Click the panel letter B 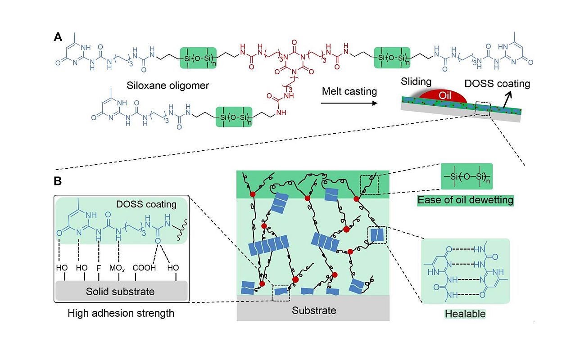tap(58, 181)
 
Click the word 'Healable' tap(465, 313)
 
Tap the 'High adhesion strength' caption tap(121, 313)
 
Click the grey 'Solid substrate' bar tap(121, 291)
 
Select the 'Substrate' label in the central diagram tap(314, 310)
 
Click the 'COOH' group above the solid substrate tap(143, 268)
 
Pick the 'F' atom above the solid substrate tap(98, 268)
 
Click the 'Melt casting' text tap(349, 91)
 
